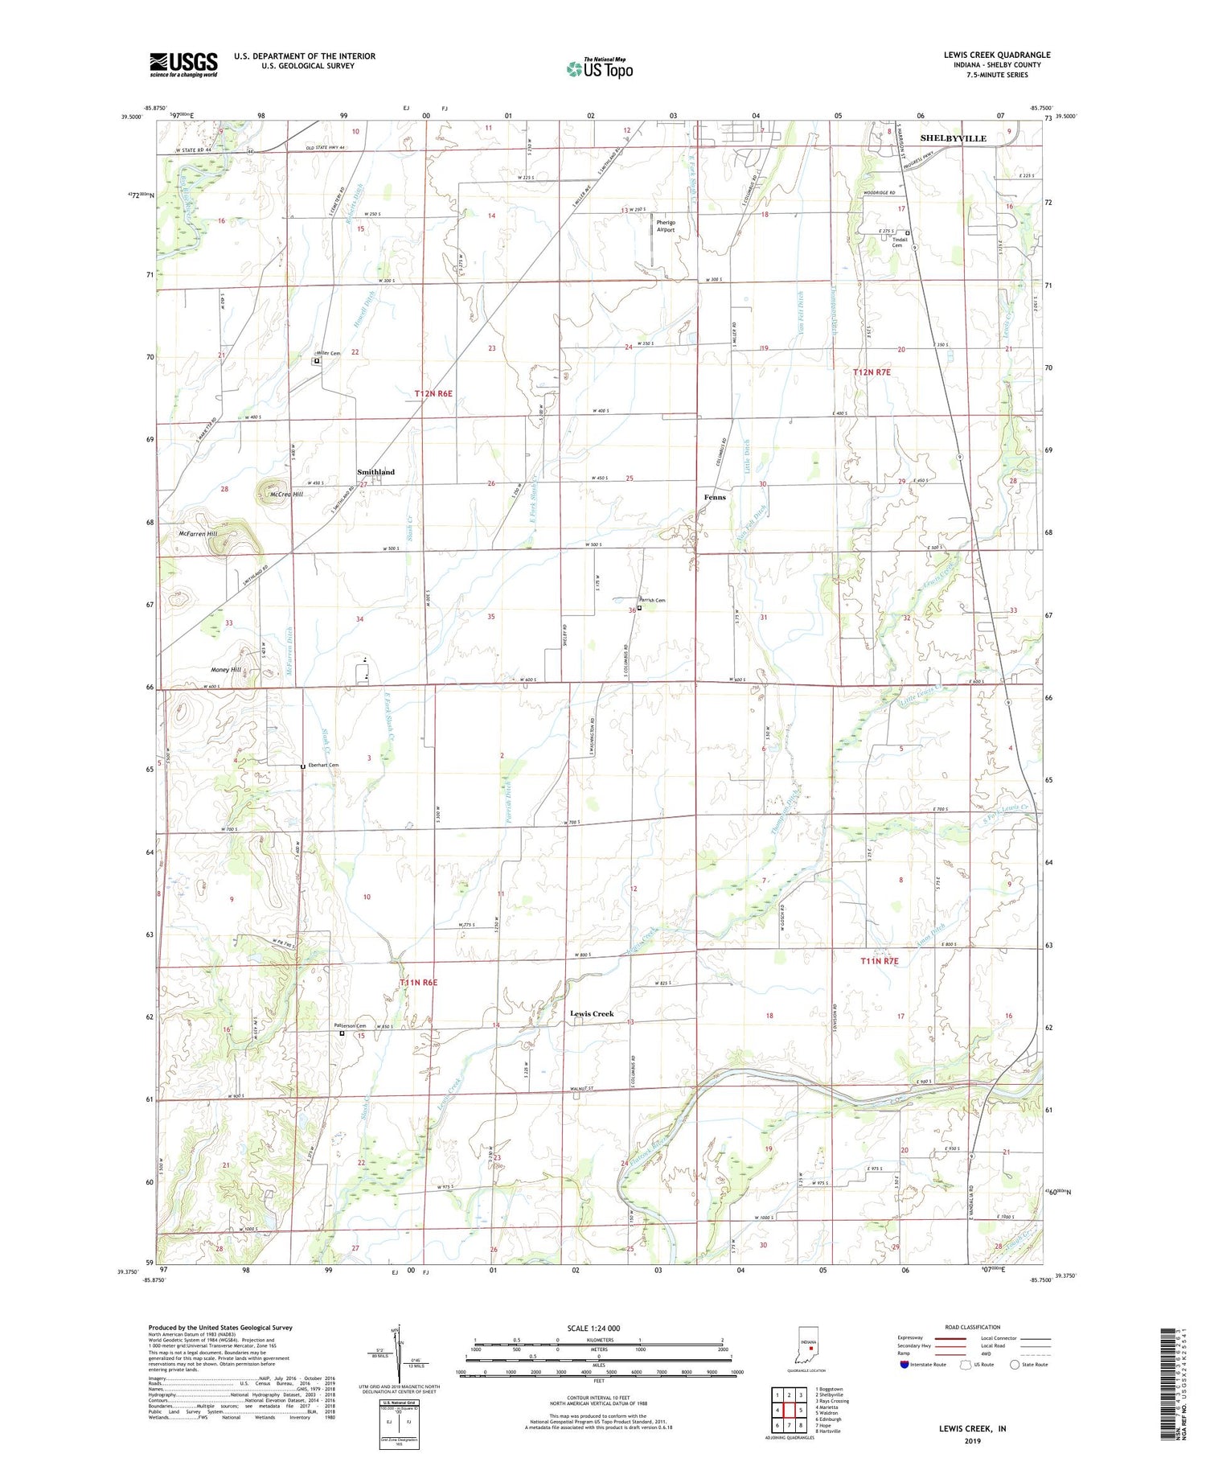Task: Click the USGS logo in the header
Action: click(183, 64)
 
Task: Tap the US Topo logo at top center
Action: click(599, 68)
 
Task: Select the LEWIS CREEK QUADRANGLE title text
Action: click(997, 55)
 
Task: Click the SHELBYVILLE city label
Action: click(953, 138)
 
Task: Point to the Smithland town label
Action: click(376, 472)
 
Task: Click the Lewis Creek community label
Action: click(592, 1013)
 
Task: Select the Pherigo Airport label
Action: click(666, 226)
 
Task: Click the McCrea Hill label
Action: click(286, 495)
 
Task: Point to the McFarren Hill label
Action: click(198, 534)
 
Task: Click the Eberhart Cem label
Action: click(322, 765)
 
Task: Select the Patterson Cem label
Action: click(351, 1025)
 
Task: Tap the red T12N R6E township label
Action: click(434, 393)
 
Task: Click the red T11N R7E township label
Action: click(879, 961)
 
